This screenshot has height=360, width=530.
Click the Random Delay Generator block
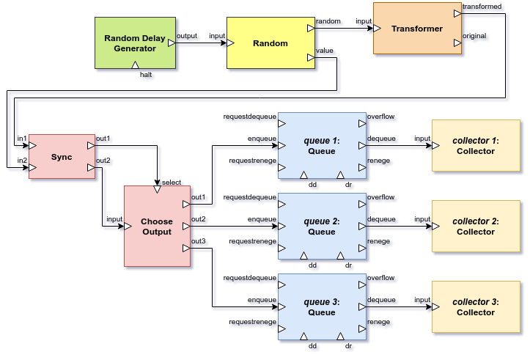click(x=135, y=43)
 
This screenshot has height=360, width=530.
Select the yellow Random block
click(x=270, y=43)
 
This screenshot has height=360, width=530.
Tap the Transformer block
click(x=417, y=29)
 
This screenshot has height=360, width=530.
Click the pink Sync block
click(x=62, y=157)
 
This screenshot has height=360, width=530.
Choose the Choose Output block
click(x=157, y=227)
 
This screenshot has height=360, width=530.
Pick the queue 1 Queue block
click(x=321, y=146)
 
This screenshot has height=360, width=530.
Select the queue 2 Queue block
click(x=321, y=227)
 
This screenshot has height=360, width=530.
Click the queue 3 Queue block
click(x=321, y=307)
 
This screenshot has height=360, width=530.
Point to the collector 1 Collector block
click(x=475, y=146)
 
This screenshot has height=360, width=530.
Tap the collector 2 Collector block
click(x=475, y=227)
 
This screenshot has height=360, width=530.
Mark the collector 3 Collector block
click(x=475, y=307)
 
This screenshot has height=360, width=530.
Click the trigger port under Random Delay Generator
click(x=135, y=65)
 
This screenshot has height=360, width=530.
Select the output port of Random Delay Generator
click(x=172, y=43)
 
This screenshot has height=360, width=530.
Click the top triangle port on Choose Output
click(x=157, y=190)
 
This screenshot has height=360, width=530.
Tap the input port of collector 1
click(x=436, y=146)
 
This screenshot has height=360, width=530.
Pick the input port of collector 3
click(x=436, y=307)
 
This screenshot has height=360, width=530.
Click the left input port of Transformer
click(x=378, y=29)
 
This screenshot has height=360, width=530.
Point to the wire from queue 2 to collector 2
click(x=400, y=227)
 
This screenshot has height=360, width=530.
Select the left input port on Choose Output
click(x=128, y=227)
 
